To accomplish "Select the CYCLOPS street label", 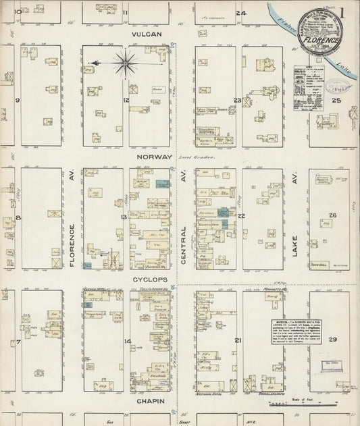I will click(x=148, y=278).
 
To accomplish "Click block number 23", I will click(x=237, y=101).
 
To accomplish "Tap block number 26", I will click(x=332, y=215).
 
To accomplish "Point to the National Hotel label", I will click(x=205, y=393).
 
